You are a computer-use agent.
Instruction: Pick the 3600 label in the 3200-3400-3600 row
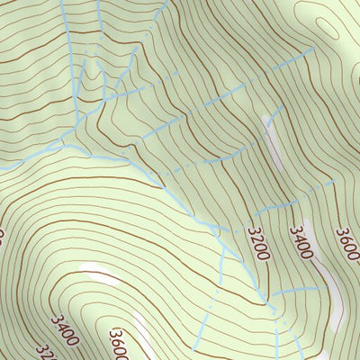point(347,241)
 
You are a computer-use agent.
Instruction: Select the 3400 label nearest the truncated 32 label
point(65,329)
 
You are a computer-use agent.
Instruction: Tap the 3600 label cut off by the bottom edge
point(119,345)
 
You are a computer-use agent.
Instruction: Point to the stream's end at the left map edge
point(2,167)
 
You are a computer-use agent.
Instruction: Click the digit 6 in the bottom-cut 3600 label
point(116,341)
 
